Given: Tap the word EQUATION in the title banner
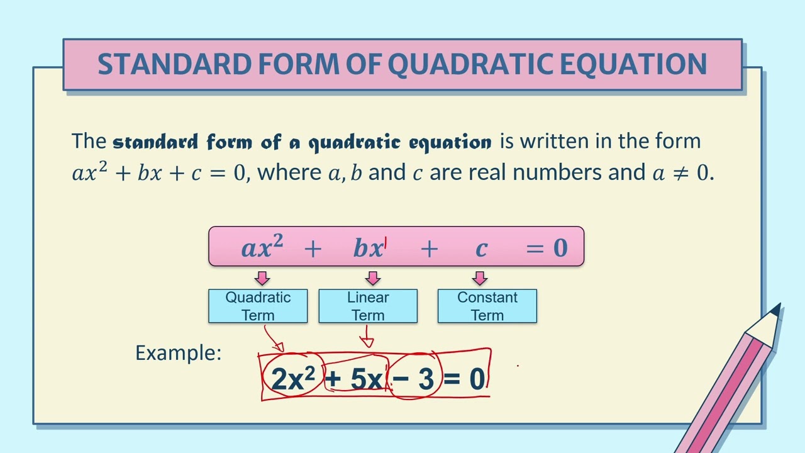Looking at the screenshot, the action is pyautogui.click(x=633, y=64).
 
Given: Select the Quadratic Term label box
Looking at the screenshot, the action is pyautogui.click(x=258, y=306).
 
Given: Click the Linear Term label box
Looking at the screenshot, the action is pyautogui.click(x=368, y=306).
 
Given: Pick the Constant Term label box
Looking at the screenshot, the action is pyautogui.click(x=487, y=306).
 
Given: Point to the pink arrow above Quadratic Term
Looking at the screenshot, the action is pyautogui.click(x=262, y=278).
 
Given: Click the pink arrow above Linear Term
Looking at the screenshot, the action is pyautogui.click(x=373, y=278).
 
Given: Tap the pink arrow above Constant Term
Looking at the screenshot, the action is pyautogui.click(x=480, y=278).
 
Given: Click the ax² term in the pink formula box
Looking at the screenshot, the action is pyautogui.click(x=262, y=246).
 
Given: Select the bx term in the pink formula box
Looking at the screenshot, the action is pyautogui.click(x=369, y=248).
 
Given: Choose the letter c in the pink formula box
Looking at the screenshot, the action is pyautogui.click(x=482, y=249).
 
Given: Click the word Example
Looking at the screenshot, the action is pyautogui.click(x=178, y=353).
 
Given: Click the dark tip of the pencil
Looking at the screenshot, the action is pyautogui.click(x=777, y=310).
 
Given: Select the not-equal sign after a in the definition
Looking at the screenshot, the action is pyautogui.click(x=680, y=173).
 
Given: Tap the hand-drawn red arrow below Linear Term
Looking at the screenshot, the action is pyautogui.click(x=367, y=336).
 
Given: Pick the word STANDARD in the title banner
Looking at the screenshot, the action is pyautogui.click(x=175, y=64).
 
